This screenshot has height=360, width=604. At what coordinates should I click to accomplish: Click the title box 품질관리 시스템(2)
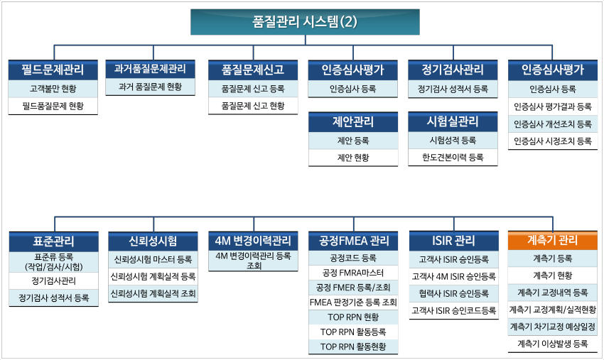point(305,22)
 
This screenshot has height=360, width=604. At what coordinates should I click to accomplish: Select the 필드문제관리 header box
point(53,70)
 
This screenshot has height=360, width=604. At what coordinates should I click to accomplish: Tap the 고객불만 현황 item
point(53,89)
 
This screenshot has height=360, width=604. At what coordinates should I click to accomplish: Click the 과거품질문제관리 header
point(150,69)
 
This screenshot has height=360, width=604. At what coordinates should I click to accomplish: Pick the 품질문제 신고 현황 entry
point(253,106)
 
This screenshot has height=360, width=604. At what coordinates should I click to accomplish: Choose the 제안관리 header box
point(353,121)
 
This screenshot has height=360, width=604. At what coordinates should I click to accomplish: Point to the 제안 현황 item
point(353,158)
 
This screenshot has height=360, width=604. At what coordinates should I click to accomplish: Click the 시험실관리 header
point(453,121)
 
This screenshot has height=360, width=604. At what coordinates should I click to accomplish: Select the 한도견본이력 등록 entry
point(453,157)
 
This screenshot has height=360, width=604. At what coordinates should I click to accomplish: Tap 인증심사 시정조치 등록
point(553,141)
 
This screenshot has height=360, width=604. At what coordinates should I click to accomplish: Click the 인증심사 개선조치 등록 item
point(553,124)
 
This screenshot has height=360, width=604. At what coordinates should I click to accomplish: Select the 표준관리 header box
point(53,241)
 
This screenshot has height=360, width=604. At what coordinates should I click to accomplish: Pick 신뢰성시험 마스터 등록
point(153,259)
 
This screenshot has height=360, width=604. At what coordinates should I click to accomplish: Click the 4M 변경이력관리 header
point(253,241)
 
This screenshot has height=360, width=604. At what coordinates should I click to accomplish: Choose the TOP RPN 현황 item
point(353,317)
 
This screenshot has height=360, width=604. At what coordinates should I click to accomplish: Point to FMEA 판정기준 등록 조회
point(353,302)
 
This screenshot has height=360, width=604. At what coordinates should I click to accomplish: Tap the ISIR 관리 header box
point(454,241)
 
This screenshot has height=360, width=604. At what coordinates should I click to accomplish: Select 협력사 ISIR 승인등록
point(454,293)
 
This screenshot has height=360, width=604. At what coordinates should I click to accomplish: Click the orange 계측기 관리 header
point(553,241)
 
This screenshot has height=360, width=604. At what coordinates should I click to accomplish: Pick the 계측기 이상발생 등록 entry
point(553,344)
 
